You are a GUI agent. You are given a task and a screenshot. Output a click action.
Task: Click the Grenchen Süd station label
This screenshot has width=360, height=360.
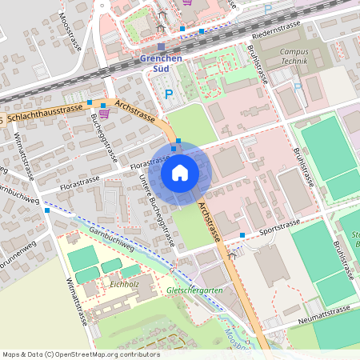161,63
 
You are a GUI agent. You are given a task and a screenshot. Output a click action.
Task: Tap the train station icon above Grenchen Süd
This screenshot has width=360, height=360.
161,47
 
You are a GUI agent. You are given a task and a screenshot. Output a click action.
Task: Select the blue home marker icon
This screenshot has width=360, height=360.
179,171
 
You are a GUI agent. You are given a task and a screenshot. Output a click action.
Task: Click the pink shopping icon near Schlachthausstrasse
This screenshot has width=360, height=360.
103,114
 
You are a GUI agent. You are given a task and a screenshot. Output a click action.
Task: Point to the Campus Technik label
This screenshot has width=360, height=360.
294,56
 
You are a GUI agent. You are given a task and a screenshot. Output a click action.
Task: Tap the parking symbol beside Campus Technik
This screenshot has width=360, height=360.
298,87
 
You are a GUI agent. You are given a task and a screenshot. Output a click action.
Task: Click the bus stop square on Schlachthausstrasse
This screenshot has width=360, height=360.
90,102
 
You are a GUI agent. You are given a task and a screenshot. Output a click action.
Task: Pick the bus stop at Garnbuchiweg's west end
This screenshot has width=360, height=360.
48,210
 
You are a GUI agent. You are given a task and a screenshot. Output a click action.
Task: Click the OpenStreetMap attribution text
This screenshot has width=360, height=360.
81,354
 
